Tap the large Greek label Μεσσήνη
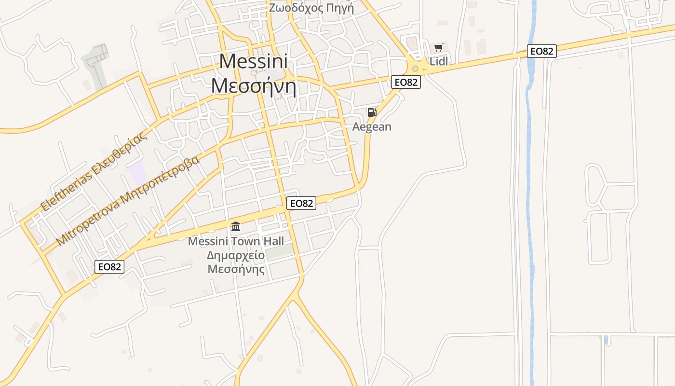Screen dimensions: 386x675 [253, 86]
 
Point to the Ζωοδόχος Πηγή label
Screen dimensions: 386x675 [311, 8]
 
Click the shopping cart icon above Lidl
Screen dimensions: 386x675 [438, 47]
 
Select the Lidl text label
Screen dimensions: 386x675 [439, 61]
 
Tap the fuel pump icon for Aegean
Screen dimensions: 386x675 [372, 113]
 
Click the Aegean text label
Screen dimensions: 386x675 [372, 127]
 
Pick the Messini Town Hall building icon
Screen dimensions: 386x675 [236, 226]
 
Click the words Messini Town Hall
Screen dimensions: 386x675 [236, 241]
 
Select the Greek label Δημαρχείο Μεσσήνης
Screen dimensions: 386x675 [236, 262]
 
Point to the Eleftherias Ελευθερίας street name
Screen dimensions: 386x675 [94, 171]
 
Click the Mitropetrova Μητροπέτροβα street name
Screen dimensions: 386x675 [128, 201]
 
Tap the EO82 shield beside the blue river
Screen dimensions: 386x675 [541, 51]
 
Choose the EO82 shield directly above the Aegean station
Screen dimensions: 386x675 [405, 82]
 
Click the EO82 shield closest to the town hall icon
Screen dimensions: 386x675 [301, 204]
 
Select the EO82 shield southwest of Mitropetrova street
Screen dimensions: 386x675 [109, 267]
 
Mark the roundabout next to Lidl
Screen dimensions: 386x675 [415, 69]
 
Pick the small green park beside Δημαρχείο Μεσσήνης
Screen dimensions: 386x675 [280, 251]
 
